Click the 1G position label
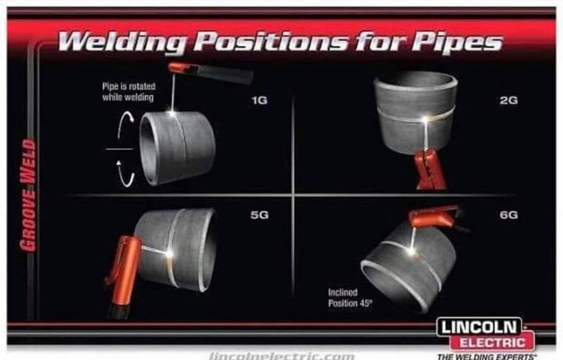click(259, 100)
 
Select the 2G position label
click(509, 100)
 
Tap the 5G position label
click(259, 215)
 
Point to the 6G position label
click(509, 215)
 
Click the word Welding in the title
click(123, 42)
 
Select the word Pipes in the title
click(456, 43)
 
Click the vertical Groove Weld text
click(28, 195)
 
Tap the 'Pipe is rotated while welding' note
click(129, 92)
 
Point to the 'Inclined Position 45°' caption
click(350, 298)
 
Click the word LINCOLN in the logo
click(478, 327)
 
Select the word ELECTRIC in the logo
click(492, 342)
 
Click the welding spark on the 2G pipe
click(425, 120)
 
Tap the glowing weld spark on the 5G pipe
click(169, 254)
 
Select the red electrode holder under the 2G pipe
click(431, 169)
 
